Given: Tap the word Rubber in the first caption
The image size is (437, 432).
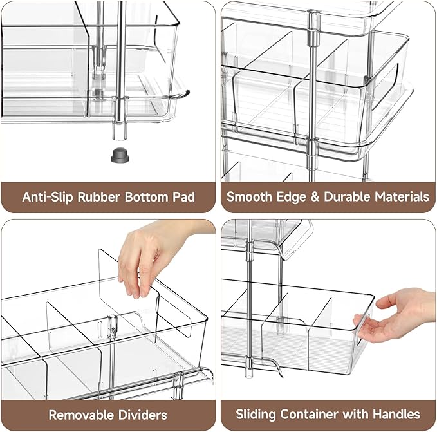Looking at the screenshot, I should (x=97, y=196).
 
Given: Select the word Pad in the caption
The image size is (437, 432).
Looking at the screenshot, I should (x=182, y=196).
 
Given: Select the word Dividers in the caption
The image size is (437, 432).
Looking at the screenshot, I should (x=141, y=415).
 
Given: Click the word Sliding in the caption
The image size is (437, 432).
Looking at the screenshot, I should (x=257, y=415).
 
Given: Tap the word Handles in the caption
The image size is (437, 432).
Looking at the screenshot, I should (x=397, y=415).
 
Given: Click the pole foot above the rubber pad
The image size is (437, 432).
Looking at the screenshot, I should (x=119, y=129).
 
